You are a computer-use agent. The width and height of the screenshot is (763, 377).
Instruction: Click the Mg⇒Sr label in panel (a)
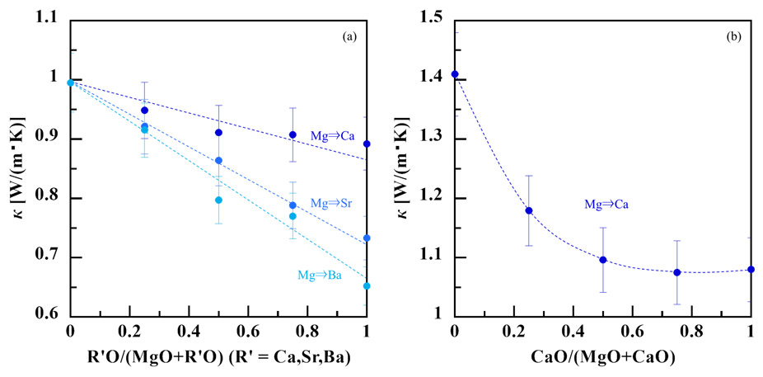(327, 203)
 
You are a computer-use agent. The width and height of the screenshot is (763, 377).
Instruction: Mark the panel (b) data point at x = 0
(454, 74)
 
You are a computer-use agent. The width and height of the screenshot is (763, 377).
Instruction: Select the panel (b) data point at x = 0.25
(529, 210)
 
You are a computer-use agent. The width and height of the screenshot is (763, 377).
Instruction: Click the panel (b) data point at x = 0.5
(603, 260)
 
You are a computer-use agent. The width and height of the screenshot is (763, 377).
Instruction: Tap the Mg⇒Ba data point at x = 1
(367, 286)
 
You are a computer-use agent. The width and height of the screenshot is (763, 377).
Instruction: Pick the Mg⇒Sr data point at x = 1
(367, 238)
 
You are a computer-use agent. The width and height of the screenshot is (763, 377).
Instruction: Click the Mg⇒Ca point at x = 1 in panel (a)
(367, 144)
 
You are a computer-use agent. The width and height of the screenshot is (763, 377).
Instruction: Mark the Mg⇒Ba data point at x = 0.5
(218, 200)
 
